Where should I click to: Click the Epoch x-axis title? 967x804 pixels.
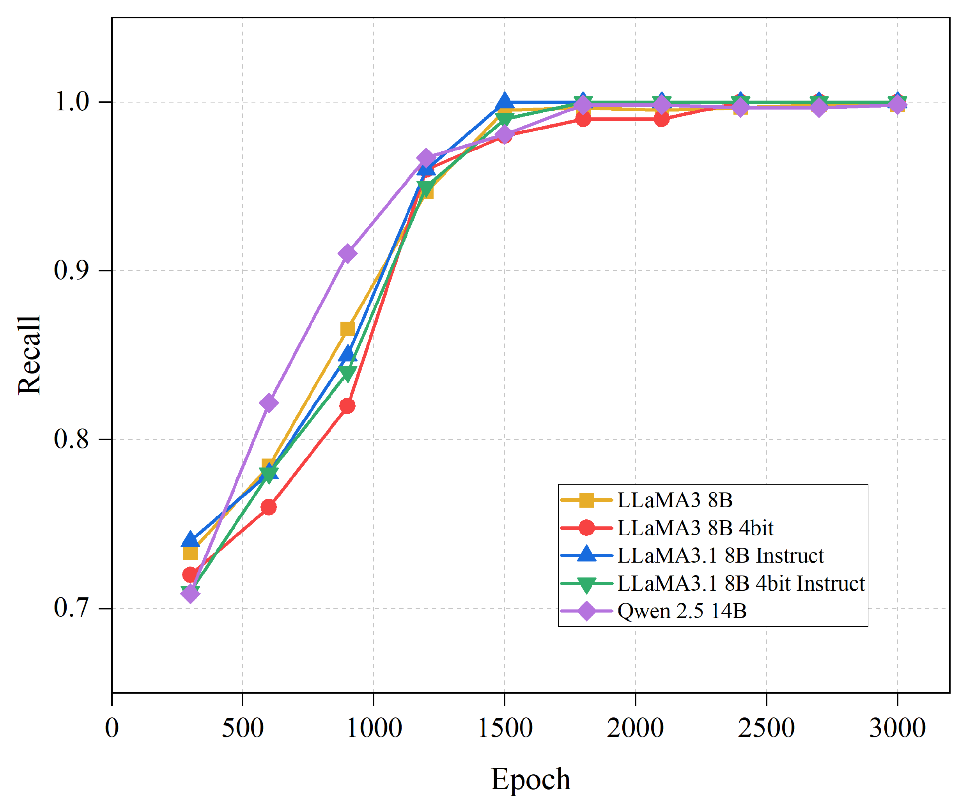(x=530, y=779)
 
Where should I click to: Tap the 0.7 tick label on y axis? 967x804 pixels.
(x=71, y=607)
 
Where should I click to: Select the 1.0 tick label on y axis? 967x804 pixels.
(x=72, y=101)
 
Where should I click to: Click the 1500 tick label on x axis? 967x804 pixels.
(x=505, y=728)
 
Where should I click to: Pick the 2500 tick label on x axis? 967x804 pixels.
(x=766, y=728)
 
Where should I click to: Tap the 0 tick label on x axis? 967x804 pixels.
(x=112, y=728)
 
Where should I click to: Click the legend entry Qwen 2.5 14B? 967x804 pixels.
(x=682, y=611)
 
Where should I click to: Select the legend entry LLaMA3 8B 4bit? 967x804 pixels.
(x=695, y=528)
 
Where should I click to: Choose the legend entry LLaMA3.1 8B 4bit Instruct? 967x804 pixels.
(x=741, y=583)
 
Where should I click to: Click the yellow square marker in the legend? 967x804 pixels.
(x=586, y=500)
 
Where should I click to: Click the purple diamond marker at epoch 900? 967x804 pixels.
(x=347, y=253)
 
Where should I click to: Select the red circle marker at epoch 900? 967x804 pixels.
(x=347, y=406)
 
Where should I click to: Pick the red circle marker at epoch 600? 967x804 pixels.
(x=268, y=507)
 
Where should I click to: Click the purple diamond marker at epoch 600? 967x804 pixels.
(x=268, y=403)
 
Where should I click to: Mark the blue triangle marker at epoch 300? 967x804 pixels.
(x=190, y=539)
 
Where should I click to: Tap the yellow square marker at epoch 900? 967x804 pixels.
(x=347, y=329)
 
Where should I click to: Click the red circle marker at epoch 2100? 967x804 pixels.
(x=661, y=119)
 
